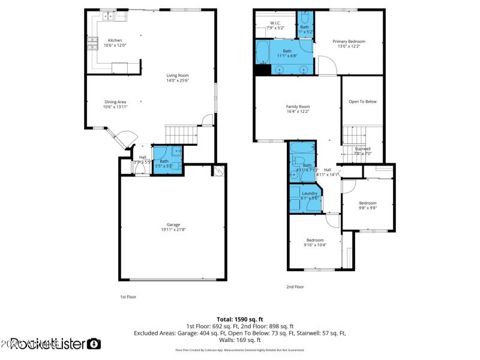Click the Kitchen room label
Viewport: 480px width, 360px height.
(x=115, y=41)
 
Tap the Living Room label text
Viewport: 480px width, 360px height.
(x=178, y=75)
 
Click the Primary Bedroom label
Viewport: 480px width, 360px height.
(x=349, y=41)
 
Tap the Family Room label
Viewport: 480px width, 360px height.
(x=298, y=107)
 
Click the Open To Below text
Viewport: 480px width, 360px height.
(x=362, y=101)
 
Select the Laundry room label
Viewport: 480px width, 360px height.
(x=310, y=193)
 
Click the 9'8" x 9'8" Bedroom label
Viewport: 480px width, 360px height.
(x=368, y=203)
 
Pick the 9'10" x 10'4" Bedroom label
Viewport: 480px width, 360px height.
(x=314, y=240)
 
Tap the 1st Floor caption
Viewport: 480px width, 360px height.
(x=128, y=296)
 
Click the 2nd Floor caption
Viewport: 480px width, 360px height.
(x=295, y=287)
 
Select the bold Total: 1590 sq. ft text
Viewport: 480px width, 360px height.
(x=240, y=319)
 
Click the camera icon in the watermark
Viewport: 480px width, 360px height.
(x=94, y=344)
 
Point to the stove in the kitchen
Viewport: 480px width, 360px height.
(x=92, y=42)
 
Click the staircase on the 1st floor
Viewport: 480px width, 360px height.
(x=181, y=134)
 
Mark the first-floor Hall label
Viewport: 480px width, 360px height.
(x=143, y=157)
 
